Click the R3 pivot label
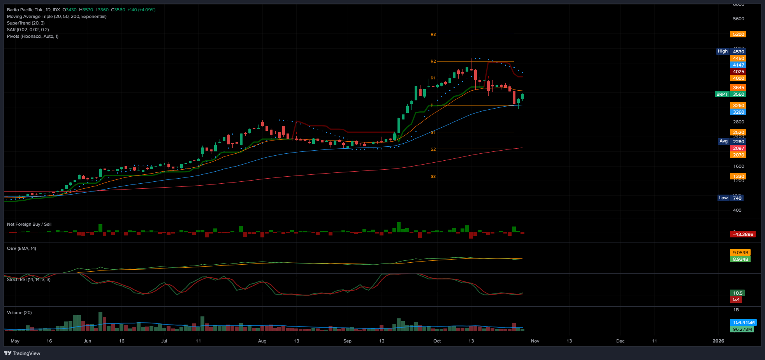click(433, 35)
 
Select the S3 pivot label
click(433, 177)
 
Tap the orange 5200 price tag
click(738, 34)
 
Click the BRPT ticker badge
click(722, 94)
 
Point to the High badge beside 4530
click(723, 51)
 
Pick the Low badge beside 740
click(723, 198)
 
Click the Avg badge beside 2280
click(723, 141)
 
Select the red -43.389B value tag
click(743, 234)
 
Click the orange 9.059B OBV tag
click(740, 253)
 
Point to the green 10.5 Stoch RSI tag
click(738, 293)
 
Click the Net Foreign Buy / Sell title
click(29, 225)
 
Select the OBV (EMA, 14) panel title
click(21, 249)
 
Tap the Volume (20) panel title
click(19, 313)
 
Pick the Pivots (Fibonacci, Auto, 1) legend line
click(33, 37)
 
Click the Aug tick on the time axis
click(262, 341)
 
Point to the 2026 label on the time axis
click(718, 341)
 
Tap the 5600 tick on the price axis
click(738, 19)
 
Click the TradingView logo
click(22, 353)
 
